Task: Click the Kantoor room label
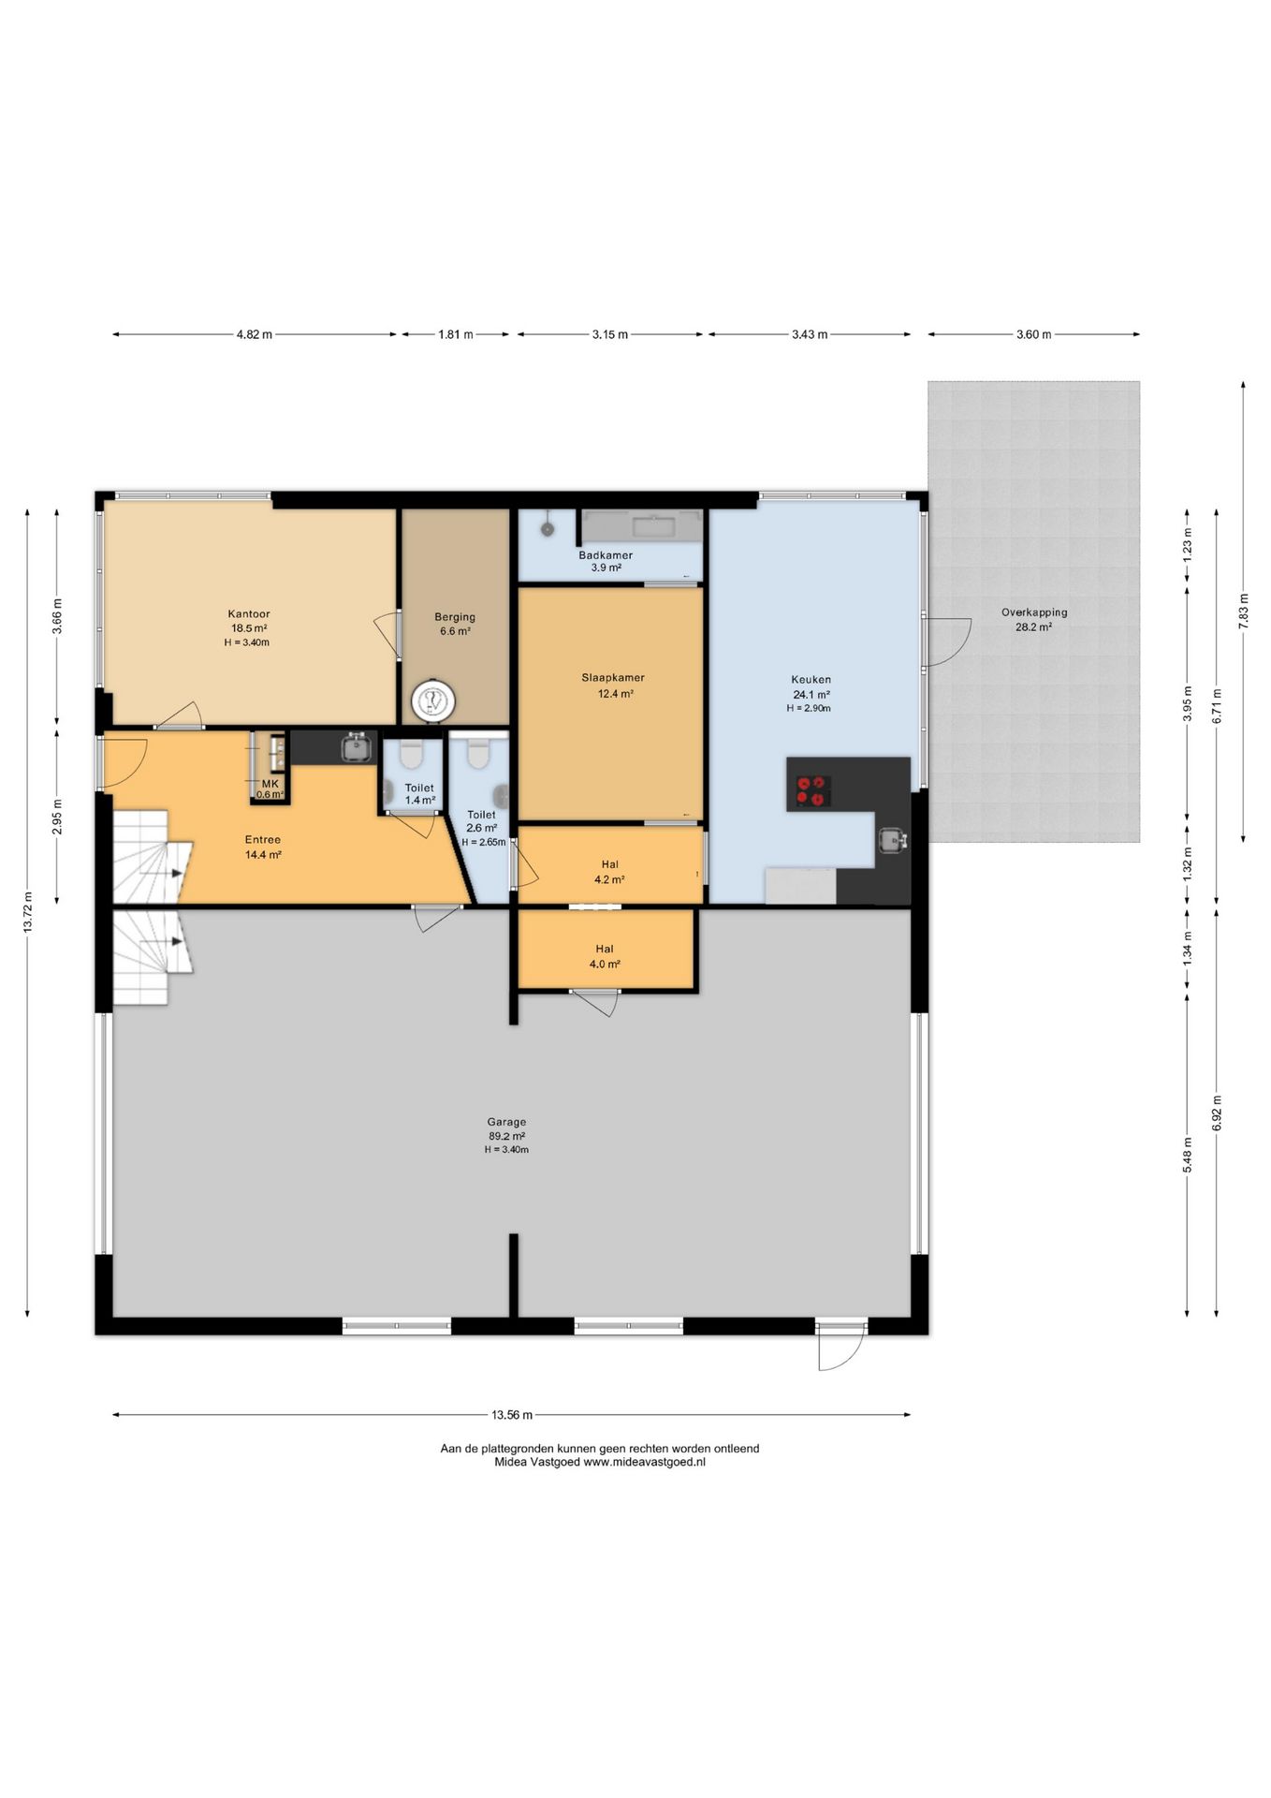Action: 249,614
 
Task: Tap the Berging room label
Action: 455,617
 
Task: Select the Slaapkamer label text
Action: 613,678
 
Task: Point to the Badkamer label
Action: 606,555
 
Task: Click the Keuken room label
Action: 811,680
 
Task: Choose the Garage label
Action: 506,1122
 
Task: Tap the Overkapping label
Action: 1034,612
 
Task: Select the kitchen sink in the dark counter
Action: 891,841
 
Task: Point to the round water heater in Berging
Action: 433,700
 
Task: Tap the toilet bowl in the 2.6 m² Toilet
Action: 479,754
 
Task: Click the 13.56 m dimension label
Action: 512,1415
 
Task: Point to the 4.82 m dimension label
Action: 255,334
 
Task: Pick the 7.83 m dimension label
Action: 1244,612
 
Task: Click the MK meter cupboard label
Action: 270,784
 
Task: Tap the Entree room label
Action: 263,840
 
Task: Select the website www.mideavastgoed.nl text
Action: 644,1462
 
